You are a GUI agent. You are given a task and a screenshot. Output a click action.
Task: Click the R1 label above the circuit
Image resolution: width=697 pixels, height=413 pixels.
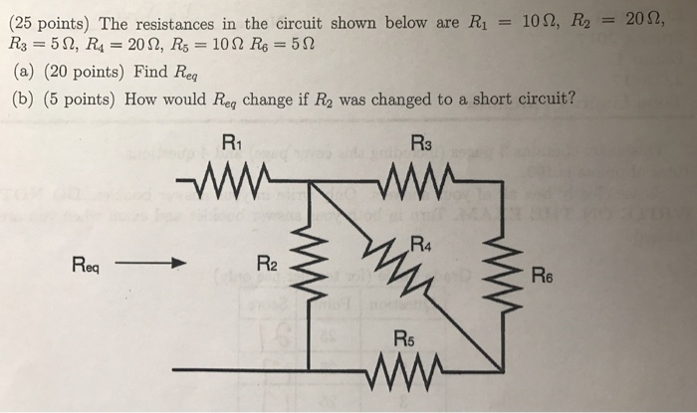pyautogui.click(x=230, y=141)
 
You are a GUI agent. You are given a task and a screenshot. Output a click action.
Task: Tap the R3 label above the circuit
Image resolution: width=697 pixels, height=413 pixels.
pyautogui.click(x=422, y=141)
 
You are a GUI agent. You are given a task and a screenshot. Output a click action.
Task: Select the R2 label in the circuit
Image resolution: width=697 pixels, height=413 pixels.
pyautogui.click(x=266, y=265)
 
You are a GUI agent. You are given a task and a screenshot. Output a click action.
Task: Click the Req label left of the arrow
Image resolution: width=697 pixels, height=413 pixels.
pyautogui.click(x=89, y=265)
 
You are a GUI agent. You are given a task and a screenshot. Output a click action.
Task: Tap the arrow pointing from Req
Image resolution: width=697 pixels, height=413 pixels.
pyautogui.click(x=150, y=265)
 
